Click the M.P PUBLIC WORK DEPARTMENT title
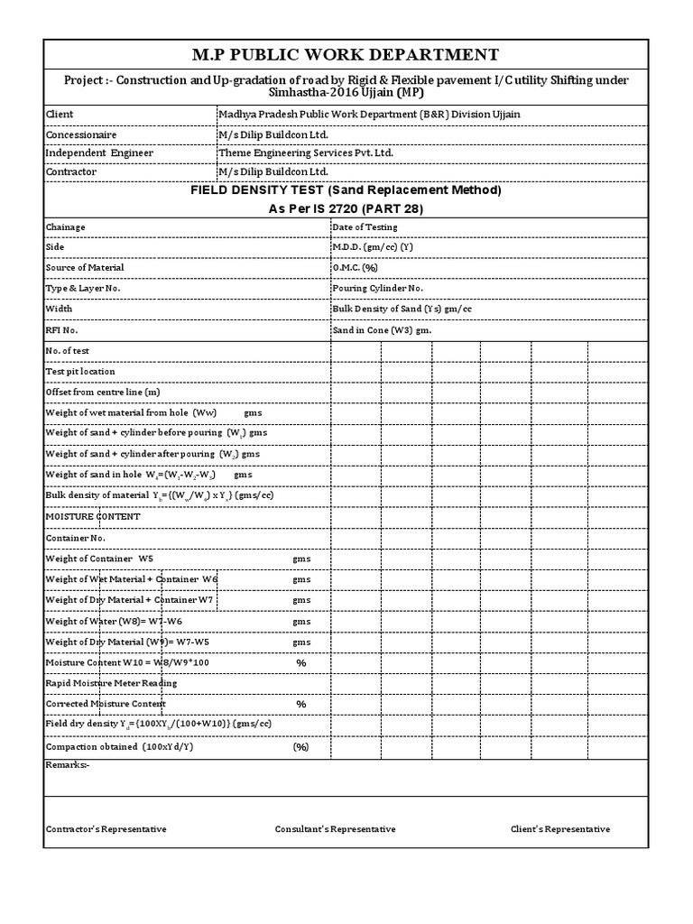click(x=346, y=55)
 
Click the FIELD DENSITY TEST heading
click(x=346, y=190)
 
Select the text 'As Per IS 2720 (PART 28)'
click(x=346, y=208)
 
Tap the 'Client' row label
click(x=60, y=115)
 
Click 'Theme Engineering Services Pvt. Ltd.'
click(x=307, y=152)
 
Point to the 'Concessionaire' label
click(x=81, y=134)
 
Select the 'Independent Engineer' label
click(x=99, y=152)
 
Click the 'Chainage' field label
click(x=66, y=227)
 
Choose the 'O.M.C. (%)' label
click(x=355, y=268)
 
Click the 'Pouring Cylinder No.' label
click(x=377, y=289)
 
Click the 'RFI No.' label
click(x=61, y=330)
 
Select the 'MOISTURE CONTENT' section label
click(x=93, y=516)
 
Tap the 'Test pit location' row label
click(x=80, y=371)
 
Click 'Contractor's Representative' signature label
click(x=106, y=829)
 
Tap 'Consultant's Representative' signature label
click(x=335, y=829)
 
